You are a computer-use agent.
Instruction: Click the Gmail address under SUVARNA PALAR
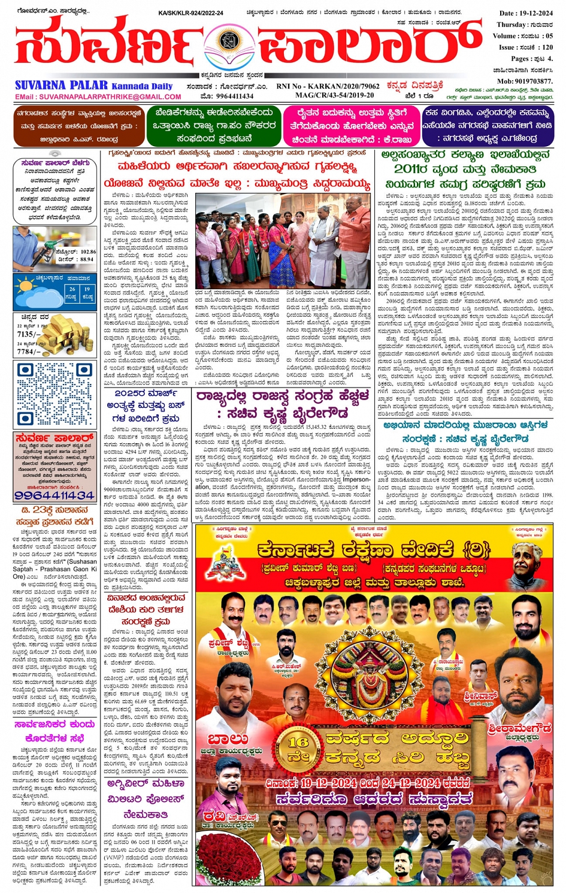[x=98, y=96]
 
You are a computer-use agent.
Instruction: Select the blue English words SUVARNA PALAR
[x=61, y=85]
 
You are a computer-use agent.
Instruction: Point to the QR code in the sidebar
[x=55, y=394]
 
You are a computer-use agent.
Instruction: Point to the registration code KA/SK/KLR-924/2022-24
[x=190, y=13]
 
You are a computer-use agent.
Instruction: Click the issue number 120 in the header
[x=546, y=47]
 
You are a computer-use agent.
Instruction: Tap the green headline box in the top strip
[x=214, y=126]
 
